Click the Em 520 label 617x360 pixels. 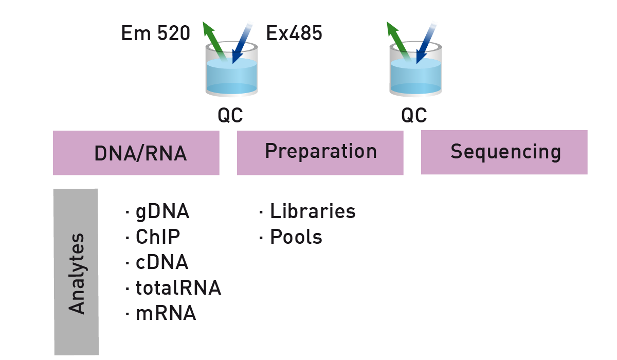tap(156, 33)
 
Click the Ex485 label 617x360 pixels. tap(294, 33)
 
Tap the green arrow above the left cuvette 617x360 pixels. tap(214, 41)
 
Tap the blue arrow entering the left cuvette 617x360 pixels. tap(242, 43)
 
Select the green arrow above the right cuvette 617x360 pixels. tap(398, 41)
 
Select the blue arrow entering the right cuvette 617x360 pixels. tap(426, 43)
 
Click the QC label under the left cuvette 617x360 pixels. tap(230, 115)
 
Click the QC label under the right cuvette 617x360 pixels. tap(414, 115)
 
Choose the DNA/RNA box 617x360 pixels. tap(136, 153)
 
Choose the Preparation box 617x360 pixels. tap(320, 153)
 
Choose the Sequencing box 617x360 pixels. tap(504, 152)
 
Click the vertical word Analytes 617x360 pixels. tap(76, 274)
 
